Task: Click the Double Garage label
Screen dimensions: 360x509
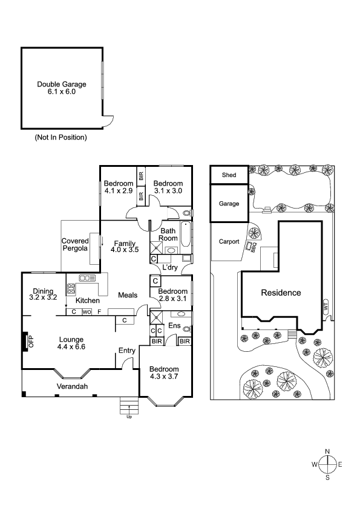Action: (62, 85)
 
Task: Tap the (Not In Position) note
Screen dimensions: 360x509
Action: (61, 137)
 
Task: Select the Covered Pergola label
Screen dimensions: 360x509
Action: (75, 244)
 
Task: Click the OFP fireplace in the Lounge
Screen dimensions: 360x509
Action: (25, 342)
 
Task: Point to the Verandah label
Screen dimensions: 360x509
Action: (72, 386)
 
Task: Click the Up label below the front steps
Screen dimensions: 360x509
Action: (129, 417)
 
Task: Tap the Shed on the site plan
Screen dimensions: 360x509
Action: (229, 175)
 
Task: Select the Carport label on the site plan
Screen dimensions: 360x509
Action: (229, 242)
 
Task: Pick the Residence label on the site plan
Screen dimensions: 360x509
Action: (281, 293)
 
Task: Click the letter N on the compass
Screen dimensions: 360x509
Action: (327, 451)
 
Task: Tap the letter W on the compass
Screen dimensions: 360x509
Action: (315, 464)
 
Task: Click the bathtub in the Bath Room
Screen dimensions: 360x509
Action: (186, 234)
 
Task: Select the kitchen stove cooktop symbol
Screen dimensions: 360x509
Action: (71, 289)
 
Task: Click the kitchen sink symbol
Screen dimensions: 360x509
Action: (87, 278)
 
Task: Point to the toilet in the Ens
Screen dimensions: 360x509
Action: (187, 329)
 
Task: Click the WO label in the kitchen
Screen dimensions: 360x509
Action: (87, 312)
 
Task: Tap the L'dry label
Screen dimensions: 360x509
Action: (170, 267)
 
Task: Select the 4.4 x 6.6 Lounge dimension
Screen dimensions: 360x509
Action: (71, 347)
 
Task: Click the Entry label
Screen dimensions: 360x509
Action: (126, 351)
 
